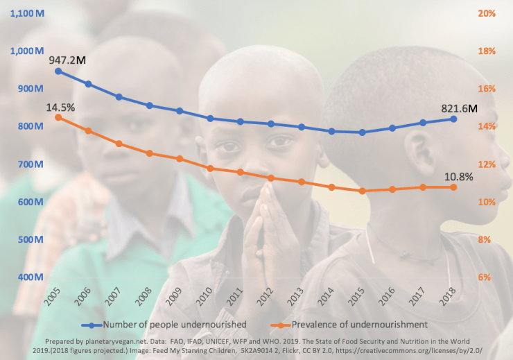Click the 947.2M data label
coord(67,60)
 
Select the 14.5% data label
coord(60,108)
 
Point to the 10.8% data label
coord(458,176)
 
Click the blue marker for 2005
coord(58,71)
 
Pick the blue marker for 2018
coord(454,119)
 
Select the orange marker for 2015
coord(362,191)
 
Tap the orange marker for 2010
coord(210,168)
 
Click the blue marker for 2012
coord(271,123)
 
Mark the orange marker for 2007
coord(119,144)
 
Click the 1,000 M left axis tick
coord(26,51)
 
